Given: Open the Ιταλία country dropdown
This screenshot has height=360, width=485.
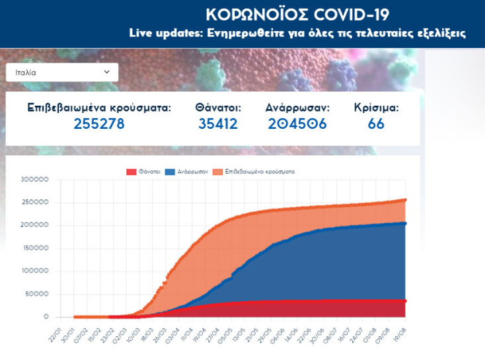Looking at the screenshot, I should (x=61, y=72).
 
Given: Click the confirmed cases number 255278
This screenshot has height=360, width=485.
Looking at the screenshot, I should (x=99, y=124).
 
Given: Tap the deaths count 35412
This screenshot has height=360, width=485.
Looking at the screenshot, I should (x=218, y=124).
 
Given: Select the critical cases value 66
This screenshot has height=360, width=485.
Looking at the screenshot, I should (x=376, y=124).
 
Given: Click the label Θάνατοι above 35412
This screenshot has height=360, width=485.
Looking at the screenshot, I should (x=218, y=107).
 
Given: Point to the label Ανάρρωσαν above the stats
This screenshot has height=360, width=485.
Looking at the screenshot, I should (x=297, y=107).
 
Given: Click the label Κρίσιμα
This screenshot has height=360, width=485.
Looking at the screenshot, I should (x=376, y=107).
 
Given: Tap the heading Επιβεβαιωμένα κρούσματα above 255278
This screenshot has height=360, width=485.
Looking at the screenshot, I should (x=99, y=107).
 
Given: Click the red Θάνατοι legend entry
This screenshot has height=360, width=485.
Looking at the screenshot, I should (x=143, y=171).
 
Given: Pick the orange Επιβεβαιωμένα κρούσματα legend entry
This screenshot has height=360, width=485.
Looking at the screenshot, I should (x=254, y=171).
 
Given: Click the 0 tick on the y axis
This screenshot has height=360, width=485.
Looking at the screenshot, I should (x=46, y=317).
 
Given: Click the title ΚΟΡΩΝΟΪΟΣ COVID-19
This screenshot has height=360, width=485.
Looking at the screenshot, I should (x=297, y=15).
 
